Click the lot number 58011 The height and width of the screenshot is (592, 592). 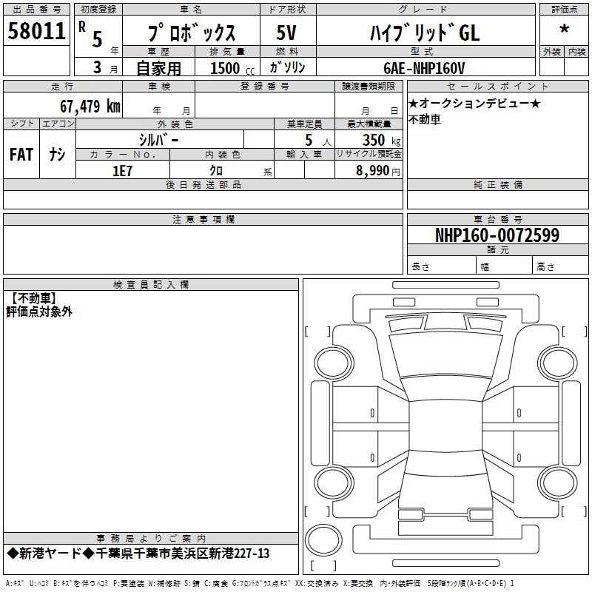(x=36, y=31)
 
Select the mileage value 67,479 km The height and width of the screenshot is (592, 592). (x=90, y=106)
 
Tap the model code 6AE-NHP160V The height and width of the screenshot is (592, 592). (x=424, y=68)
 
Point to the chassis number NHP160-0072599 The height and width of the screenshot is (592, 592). (x=497, y=235)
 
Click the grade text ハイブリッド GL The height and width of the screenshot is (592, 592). (x=425, y=33)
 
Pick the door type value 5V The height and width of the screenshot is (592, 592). (x=286, y=33)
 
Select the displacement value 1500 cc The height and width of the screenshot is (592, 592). (x=232, y=68)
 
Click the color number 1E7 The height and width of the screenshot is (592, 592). (x=122, y=171)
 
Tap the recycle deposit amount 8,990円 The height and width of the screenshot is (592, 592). (x=378, y=171)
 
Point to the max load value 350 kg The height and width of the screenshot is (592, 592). (x=381, y=141)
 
